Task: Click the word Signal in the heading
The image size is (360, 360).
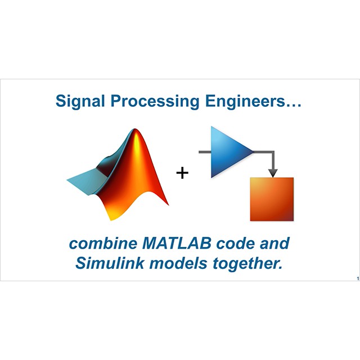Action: pos(80,101)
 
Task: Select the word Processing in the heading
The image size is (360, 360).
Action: pos(155,101)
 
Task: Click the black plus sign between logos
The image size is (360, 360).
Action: pos(182,173)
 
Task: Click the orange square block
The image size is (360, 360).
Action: pos(272,199)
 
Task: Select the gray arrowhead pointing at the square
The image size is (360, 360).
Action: pos(273,173)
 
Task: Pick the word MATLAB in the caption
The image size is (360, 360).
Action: pos(177,244)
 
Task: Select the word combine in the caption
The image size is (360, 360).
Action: pos(103,244)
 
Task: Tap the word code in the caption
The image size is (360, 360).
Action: pos(235,244)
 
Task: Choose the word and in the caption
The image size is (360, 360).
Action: pos(274,244)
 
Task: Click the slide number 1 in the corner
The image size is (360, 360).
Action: pos(358,279)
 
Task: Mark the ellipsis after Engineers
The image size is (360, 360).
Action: pos(293,106)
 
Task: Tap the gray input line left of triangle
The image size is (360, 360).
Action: pos(205,152)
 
